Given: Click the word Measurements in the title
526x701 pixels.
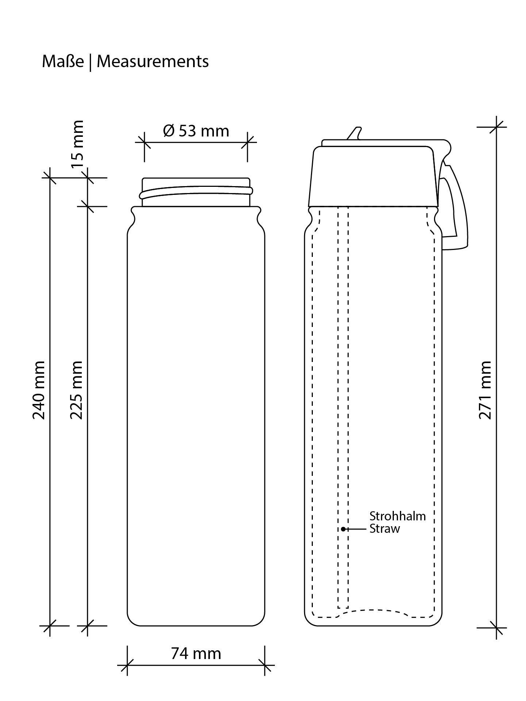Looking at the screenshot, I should click(x=153, y=61).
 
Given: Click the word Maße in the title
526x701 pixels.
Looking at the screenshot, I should click(x=63, y=61).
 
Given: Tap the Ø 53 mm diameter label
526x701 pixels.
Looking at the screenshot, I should click(x=196, y=131).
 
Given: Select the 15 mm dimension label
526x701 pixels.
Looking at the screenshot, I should click(x=77, y=144).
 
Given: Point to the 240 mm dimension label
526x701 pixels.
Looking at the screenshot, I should click(x=39, y=390).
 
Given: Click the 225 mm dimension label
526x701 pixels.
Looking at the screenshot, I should click(x=77, y=390).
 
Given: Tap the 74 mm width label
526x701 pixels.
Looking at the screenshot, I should click(x=196, y=654).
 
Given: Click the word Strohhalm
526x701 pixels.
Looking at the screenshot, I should click(x=398, y=516).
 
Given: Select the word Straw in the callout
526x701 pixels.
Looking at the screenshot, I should click(x=385, y=529).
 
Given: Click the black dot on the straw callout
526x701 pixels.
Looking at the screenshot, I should click(x=343, y=529).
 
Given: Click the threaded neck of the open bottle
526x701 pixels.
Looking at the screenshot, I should click(x=196, y=192).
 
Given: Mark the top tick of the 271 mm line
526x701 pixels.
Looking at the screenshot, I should click(x=496, y=127).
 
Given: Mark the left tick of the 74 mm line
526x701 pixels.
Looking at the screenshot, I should click(x=127, y=665).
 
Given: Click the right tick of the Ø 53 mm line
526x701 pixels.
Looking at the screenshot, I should click(x=247, y=142).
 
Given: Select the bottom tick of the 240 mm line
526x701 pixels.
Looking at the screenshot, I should click(x=50, y=625).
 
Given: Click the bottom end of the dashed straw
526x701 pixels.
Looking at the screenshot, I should click(x=343, y=608).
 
